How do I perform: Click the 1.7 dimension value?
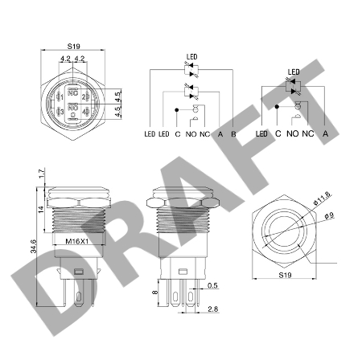tap(42, 174)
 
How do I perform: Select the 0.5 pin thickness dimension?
tap(212, 285)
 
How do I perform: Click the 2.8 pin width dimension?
tap(212, 309)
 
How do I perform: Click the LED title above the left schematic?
tap(191, 57)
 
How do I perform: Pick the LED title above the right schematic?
tap(294, 72)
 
